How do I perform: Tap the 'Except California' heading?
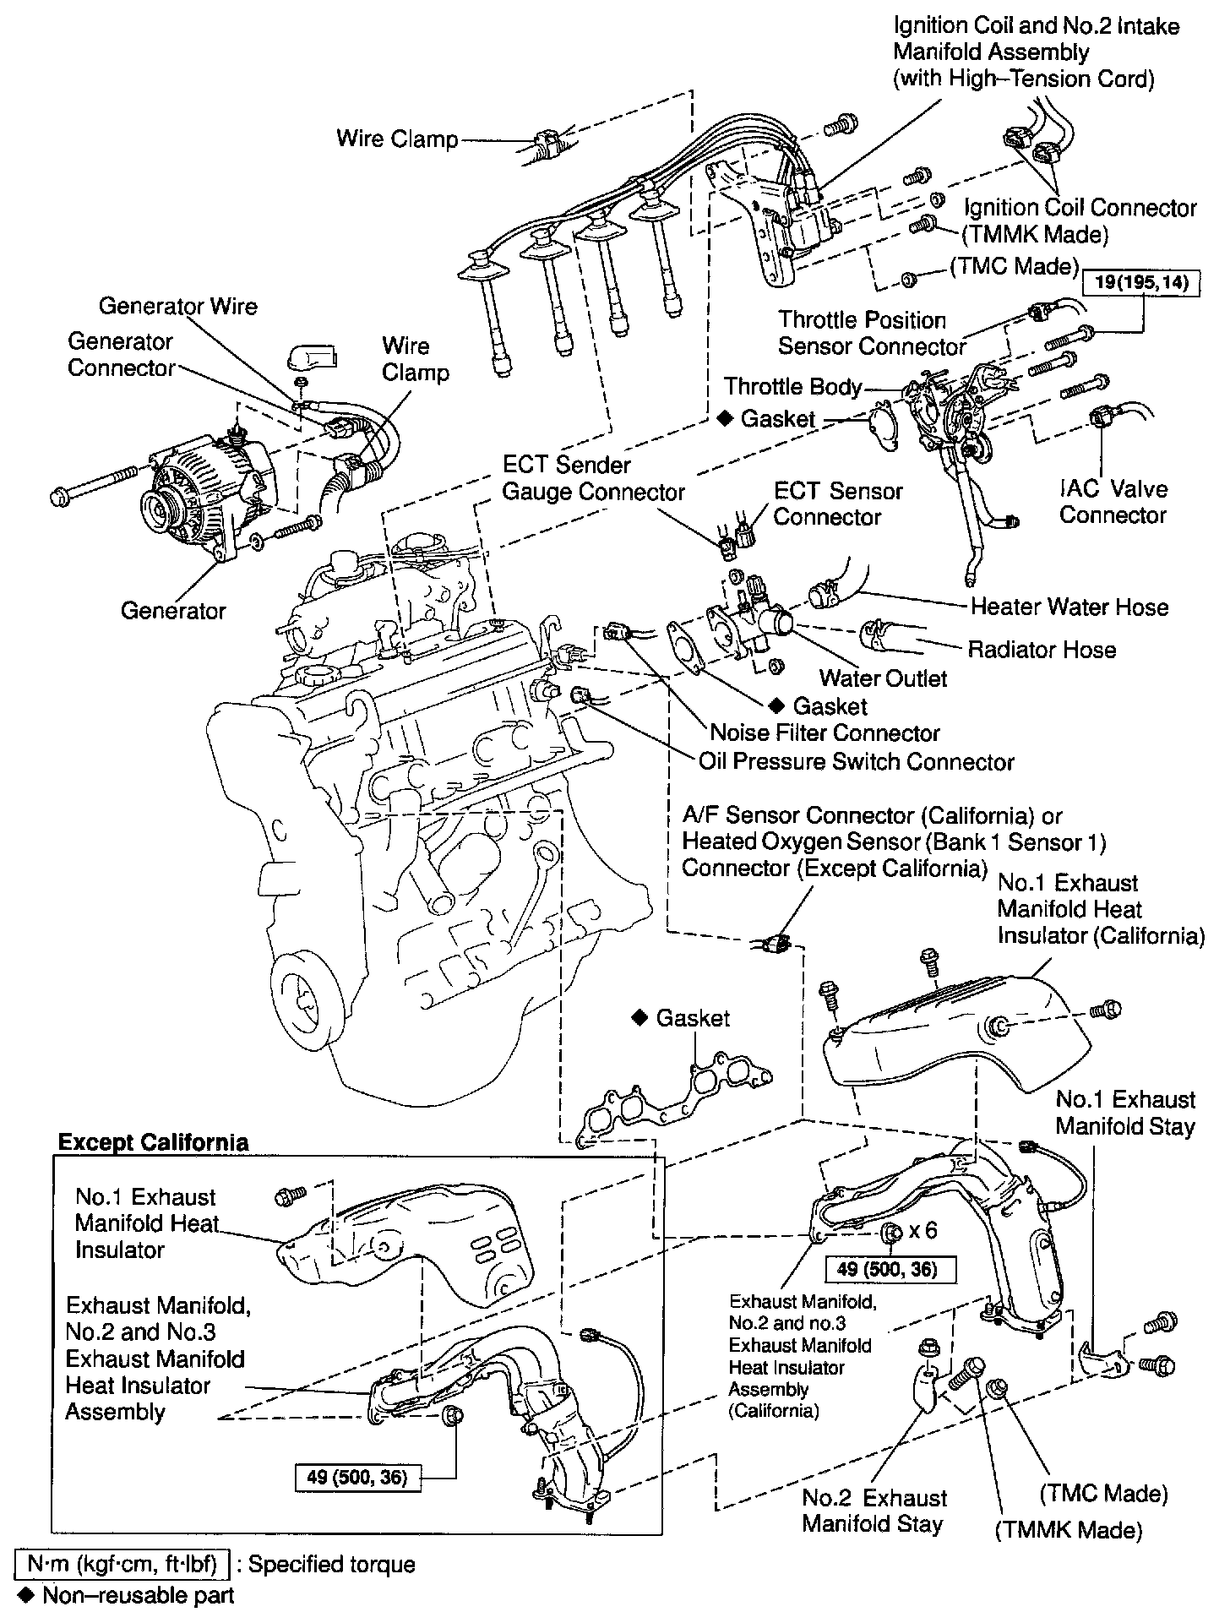[153, 1142]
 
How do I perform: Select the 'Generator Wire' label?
[177, 306]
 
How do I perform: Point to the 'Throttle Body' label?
[792, 387]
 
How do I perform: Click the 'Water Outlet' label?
[883, 678]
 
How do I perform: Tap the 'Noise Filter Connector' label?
[825, 732]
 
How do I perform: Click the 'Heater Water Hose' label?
[1069, 607]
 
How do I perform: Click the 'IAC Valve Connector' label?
[1113, 502]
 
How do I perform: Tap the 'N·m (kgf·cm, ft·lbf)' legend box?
[121, 1564]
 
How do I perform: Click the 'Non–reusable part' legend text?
[138, 1595]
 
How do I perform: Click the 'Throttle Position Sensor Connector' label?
[871, 333]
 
